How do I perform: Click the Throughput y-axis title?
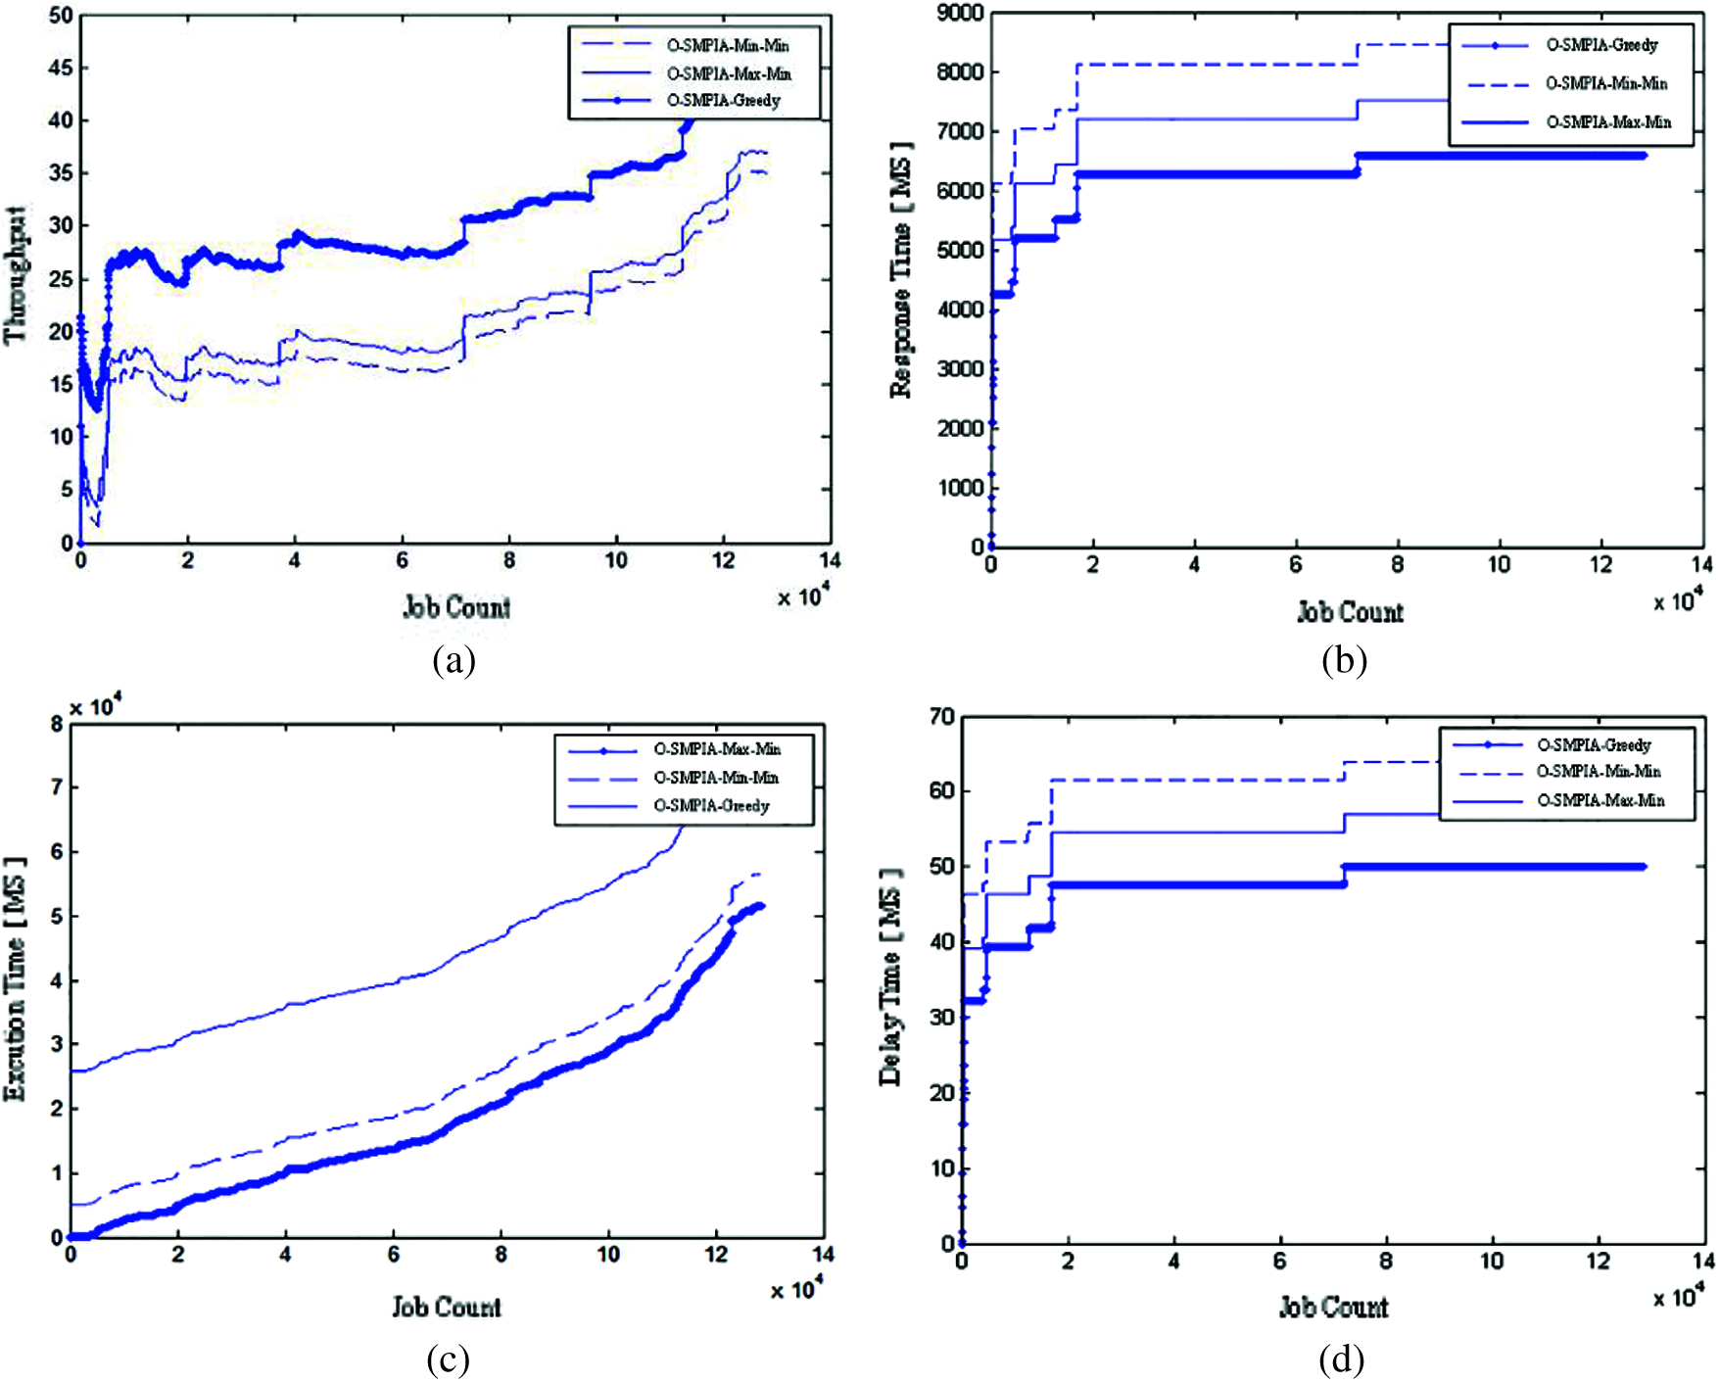[x=16, y=275]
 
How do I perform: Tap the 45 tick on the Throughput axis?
[x=61, y=69]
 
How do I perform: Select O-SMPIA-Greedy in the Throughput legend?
[x=724, y=101]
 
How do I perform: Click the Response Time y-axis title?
[x=901, y=270]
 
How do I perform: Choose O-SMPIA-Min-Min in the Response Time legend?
[x=1606, y=84]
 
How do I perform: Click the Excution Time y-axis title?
[x=16, y=979]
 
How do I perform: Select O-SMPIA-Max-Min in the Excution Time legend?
[x=717, y=749]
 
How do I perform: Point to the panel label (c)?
[x=448, y=1359]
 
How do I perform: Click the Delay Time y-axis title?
[x=890, y=977]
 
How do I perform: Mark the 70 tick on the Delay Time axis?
[x=941, y=717]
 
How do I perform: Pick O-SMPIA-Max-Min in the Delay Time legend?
[x=1600, y=801]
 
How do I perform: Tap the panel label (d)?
[x=1341, y=1359]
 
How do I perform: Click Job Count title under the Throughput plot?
[x=456, y=607]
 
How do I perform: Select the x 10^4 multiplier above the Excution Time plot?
[x=95, y=706]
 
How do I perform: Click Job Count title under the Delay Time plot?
[x=1333, y=1307]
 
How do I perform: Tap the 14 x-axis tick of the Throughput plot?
[x=830, y=561]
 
